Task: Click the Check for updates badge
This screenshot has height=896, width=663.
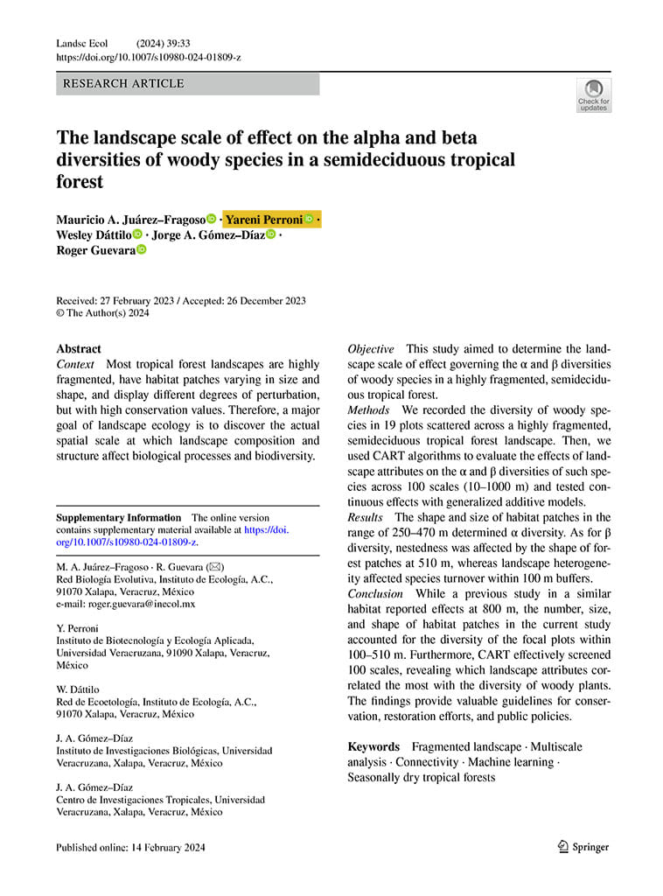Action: pyautogui.click(x=594, y=95)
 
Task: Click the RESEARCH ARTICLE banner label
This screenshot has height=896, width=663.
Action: pyautogui.click(x=121, y=84)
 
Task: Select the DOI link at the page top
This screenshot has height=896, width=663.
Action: pyautogui.click(x=148, y=57)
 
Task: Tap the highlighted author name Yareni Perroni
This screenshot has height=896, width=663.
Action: pyautogui.click(x=265, y=219)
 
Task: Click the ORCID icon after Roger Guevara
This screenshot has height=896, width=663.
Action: pyautogui.click(x=142, y=250)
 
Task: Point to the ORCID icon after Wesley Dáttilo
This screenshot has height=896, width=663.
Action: pyautogui.click(x=137, y=234)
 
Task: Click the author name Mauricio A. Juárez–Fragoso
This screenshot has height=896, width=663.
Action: pyautogui.click(x=130, y=219)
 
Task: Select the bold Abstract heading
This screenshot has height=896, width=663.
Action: pyautogui.click(x=78, y=348)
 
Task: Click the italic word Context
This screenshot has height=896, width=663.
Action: pyautogui.click(x=75, y=364)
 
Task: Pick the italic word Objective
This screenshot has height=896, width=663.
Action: pyautogui.click(x=371, y=348)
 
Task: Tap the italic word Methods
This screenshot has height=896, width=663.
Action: pyautogui.click(x=368, y=409)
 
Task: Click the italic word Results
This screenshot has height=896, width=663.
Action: pyautogui.click(x=366, y=517)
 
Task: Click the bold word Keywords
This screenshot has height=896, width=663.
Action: pyautogui.click(x=373, y=746)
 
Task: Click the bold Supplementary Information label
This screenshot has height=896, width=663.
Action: pyautogui.click(x=118, y=518)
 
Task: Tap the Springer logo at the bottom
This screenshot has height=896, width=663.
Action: pyautogui.click(x=583, y=846)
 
